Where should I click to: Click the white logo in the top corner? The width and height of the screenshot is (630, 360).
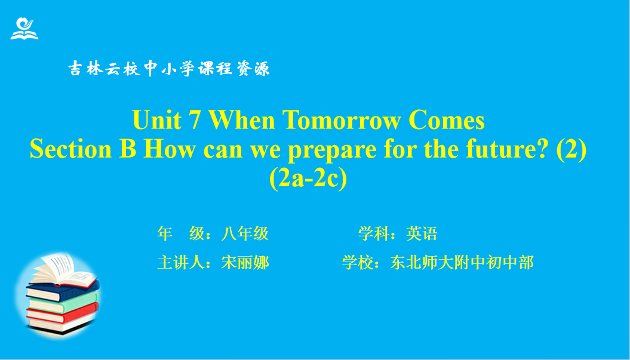24,29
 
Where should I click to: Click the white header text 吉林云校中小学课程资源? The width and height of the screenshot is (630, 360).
169,69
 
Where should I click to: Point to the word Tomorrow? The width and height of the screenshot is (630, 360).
341,120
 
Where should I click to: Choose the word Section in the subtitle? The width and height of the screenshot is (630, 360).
70,149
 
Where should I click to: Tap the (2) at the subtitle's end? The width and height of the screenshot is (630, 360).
571,150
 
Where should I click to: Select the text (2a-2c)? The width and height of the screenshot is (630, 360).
308,179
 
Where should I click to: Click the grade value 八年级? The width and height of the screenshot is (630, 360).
245,233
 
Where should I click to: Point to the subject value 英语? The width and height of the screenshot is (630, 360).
422,233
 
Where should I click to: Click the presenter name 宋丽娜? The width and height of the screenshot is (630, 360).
245,262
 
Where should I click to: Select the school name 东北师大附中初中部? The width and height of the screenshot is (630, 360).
462,262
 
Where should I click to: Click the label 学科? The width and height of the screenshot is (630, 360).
374,233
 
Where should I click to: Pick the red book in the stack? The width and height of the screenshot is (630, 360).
62,313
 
